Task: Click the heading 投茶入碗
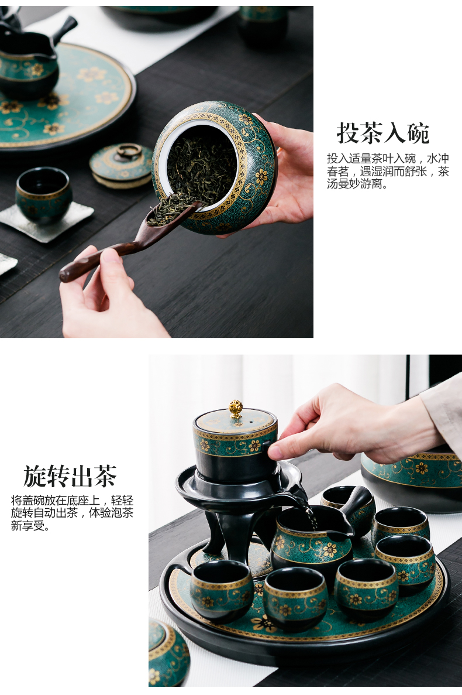[x=383, y=133]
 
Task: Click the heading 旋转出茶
[x=70, y=476]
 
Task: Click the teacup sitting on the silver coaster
[x=43, y=195]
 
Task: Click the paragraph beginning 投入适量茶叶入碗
[x=387, y=171]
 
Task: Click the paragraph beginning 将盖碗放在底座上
[x=73, y=513]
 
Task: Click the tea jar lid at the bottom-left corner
[x=167, y=653]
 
